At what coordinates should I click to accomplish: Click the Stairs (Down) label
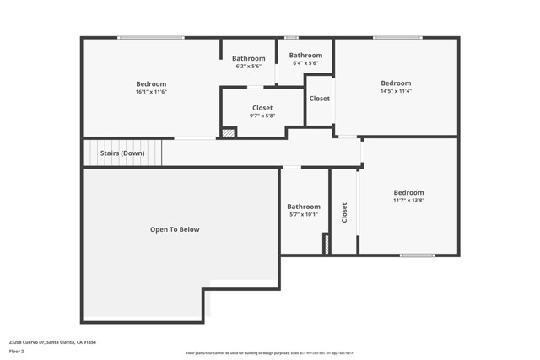122,153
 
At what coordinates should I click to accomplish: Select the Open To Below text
175,229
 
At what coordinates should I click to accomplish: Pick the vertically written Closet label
344,212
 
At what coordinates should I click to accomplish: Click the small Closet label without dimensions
320,99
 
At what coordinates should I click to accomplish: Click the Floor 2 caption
17,350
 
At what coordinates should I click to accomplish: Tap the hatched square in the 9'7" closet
228,132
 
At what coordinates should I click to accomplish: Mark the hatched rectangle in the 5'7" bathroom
326,244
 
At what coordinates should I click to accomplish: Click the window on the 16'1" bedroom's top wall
151,37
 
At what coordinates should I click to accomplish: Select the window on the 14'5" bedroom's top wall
398,37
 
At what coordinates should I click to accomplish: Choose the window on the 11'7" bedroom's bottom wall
418,255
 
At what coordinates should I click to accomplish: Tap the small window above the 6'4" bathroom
291,37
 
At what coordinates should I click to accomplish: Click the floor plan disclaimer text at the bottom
270,353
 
